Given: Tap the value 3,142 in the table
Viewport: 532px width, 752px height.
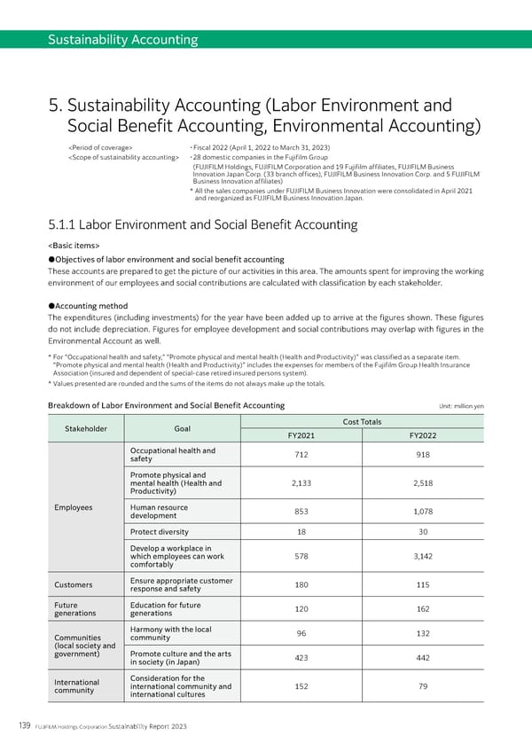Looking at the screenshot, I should click(422, 556).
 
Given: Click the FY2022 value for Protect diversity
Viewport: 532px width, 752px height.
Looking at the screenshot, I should click(422, 532).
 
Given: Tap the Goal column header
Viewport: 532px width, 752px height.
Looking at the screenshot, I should click(183, 428).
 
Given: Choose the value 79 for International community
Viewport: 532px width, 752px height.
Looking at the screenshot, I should click(422, 685).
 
